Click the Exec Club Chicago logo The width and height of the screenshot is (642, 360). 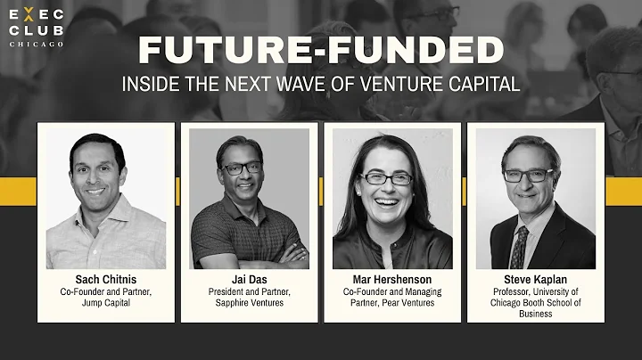click(36, 27)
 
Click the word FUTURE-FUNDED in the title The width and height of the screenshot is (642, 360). click(320, 50)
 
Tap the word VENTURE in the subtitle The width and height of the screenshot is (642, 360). click(398, 86)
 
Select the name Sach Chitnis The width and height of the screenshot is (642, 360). click(105, 278)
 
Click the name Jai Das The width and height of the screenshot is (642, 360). click(250, 278)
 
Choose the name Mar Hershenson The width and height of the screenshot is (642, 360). click(391, 278)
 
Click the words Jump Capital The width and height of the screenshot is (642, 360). click(105, 302)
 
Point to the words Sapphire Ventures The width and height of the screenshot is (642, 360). click(250, 302)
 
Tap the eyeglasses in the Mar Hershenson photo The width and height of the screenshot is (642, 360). click(387, 178)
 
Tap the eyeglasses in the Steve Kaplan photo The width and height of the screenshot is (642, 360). click(528, 176)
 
